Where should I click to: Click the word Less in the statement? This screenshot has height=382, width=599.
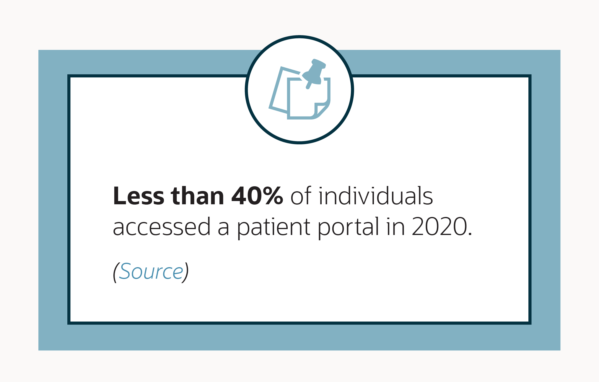click(x=138, y=196)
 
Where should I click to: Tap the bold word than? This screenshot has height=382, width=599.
click(x=197, y=196)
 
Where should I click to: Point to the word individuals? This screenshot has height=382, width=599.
click(x=376, y=196)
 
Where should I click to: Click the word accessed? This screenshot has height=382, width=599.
click(x=162, y=227)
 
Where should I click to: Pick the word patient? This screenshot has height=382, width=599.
click(x=274, y=227)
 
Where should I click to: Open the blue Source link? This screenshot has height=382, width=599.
click(x=151, y=272)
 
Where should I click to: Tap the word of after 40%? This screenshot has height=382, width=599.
click(x=301, y=196)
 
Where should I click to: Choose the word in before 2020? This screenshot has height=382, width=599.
click(x=395, y=227)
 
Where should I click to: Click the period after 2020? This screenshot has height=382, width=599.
click(x=470, y=234)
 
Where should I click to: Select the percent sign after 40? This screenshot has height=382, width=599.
click(x=273, y=196)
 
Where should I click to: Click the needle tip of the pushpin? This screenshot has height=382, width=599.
click(x=308, y=87)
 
